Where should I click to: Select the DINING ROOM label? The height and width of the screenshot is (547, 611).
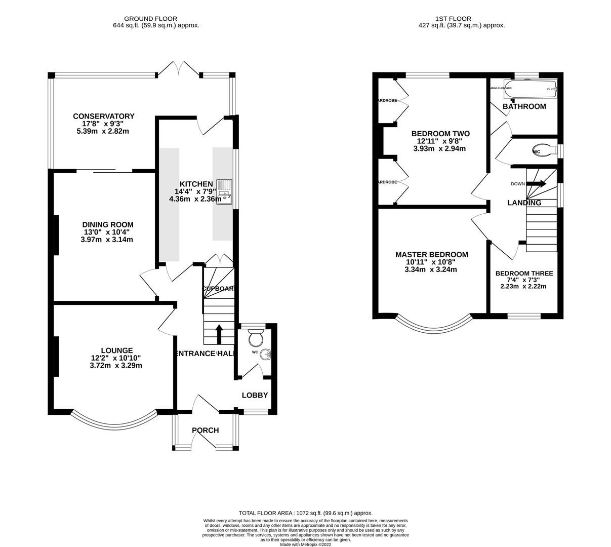(x=108, y=224)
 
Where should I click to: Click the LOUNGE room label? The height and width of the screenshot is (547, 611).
(x=116, y=350)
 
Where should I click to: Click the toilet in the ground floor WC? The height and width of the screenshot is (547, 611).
(x=256, y=336)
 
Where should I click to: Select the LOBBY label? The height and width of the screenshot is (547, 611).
(x=255, y=395)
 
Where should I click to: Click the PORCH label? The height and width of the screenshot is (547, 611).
(x=205, y=431)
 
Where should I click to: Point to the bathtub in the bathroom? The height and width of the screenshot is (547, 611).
(x=531, y=89)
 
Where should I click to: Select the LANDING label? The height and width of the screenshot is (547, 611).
(x=524, y=203)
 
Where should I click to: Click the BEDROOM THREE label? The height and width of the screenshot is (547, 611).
(x=524, y=273)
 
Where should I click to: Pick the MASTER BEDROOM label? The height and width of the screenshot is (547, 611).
(x=431, y=255)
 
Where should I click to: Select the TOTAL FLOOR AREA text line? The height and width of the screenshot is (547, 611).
(x=305, y=513)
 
